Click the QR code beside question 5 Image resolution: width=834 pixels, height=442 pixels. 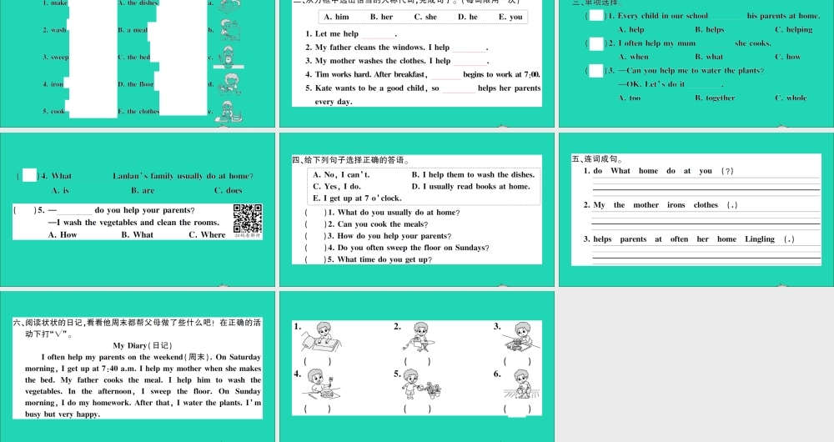pos(248,218)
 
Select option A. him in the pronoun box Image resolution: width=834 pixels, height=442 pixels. pos(335,17)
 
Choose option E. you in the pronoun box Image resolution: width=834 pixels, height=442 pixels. pos(510,17)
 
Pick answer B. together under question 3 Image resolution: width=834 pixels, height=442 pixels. pos(715,98)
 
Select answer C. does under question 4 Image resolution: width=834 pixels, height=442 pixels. pos(229,190)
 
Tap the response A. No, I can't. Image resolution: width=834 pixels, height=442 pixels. pos(341,175)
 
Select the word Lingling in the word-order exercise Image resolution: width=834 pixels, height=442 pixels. pos(759,239)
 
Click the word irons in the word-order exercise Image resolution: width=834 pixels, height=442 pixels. pos(676,205)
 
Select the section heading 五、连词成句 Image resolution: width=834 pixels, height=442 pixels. pos(597,159)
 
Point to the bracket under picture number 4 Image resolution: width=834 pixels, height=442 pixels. pos(317,409)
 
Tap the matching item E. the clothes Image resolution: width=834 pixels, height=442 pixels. pos(138,111)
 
